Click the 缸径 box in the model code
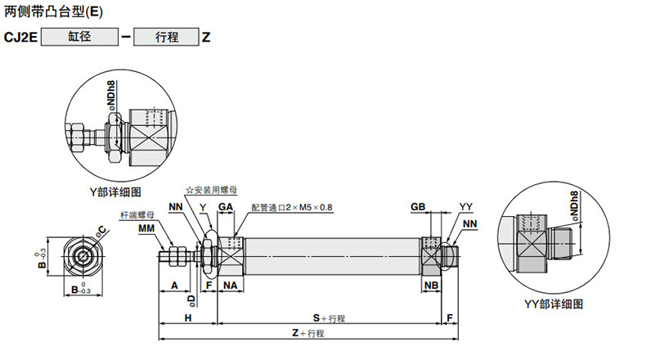pyautogui.click(x=79, y=37)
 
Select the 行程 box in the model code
pyautogui.click(x=167, y=37)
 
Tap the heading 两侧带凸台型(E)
pyautogui.click(x=53, y=11)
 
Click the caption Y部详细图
pyautogui.click(x=115, y=191)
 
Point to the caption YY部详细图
pyautogui.click(x=554, y=304)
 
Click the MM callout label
pyautogui.click(x=146, y=228)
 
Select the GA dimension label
pyautogui.click(x=226, y=207)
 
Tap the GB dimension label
pyautogui.click(x=418, y=207)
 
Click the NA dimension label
pyautogui.click(x=231, y=286)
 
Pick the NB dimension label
pyautogui.click(x=432, y=286)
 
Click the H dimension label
pyautogui.click(x=188, y=318)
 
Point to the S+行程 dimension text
pyautogui.click(x=329, y=318)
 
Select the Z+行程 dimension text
pyautogui.click(x=308, y=333)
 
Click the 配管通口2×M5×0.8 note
pyautogui.click(x=292, y=208)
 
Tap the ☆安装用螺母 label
pyautogui.click(x=211, y=190)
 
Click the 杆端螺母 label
pyautogui.click(x=137, y=215)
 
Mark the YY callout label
pyautogui.click(x=466, y=207)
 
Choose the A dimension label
pyautogui.click(x=175, y=286)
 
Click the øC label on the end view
pyautogui.click(x=101, y=232)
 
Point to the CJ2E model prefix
pyautogui.click(x=20, y=38)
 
